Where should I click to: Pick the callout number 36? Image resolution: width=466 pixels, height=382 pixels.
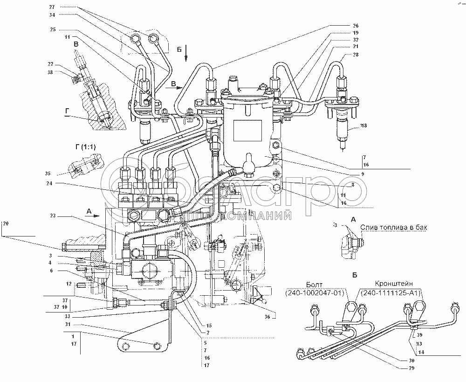(x=266, y=317)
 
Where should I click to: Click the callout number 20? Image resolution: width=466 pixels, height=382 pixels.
(x=6, y=224)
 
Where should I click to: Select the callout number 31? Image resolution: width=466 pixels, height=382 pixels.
(x=67, y=325)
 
